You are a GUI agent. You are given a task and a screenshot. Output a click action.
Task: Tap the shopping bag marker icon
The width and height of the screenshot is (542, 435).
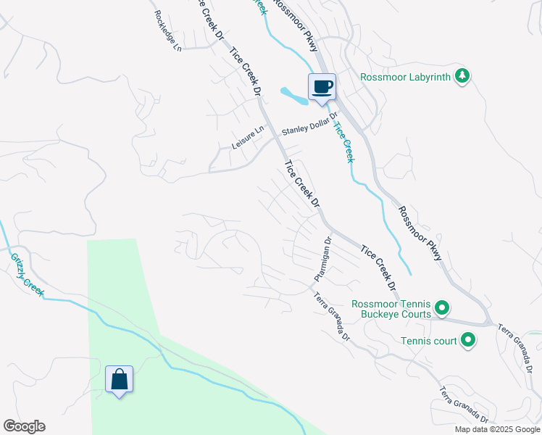click(119, 379)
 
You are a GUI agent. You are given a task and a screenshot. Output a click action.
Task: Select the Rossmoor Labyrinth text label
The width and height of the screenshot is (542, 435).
click(406, 77)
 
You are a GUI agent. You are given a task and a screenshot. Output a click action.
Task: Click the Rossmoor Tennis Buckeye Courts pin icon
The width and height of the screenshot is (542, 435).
click(442, 309)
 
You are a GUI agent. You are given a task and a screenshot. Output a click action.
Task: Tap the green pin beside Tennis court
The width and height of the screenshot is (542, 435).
click(468, 339)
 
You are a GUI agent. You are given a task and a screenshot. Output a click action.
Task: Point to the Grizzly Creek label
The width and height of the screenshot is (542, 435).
click(27, 275)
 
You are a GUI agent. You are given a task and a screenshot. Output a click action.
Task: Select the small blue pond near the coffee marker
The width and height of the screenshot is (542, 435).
click(293, 94)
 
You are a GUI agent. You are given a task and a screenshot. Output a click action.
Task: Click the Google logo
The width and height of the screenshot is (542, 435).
click(24, 426)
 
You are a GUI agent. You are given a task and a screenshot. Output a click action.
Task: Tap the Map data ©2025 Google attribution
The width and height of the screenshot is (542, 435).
click(497, 429)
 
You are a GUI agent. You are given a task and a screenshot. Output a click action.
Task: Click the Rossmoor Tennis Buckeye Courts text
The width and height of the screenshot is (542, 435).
click(391, 309)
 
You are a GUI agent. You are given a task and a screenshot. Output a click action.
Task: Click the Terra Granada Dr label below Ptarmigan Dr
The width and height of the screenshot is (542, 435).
click(332, 318)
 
